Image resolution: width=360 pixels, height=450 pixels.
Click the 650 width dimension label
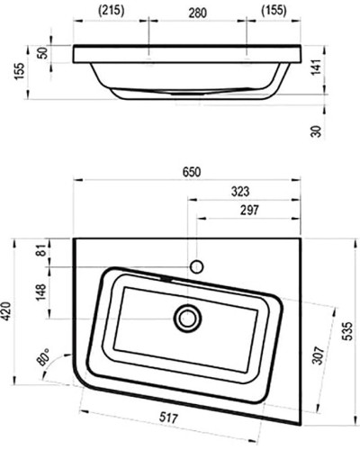tap(192, 172)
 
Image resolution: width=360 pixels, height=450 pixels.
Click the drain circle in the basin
tap(188, 317)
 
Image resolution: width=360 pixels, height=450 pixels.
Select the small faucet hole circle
tap(196, 266)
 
